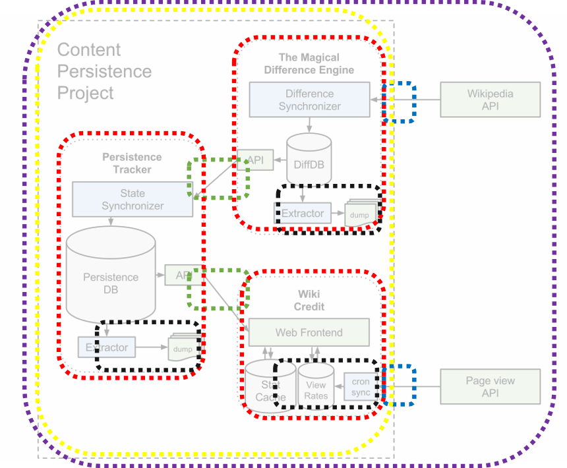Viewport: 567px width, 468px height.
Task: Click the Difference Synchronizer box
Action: pos(309,100)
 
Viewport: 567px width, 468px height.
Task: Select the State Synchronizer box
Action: pos(133,199)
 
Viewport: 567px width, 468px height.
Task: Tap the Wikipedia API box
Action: pos(490,100)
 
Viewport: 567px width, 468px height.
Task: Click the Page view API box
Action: pos(490,386)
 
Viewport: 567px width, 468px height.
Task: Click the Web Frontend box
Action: pos(309,332)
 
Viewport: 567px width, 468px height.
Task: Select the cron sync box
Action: pos(360,387)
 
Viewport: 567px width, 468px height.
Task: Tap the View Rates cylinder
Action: pos(316,388)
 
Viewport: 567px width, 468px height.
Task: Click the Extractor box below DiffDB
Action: pos(302,213)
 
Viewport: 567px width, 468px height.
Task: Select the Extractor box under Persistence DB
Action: pos(106,347)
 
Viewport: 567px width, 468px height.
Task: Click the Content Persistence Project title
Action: pos(104,71)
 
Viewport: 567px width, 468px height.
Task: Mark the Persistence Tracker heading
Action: pos(132,163)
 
